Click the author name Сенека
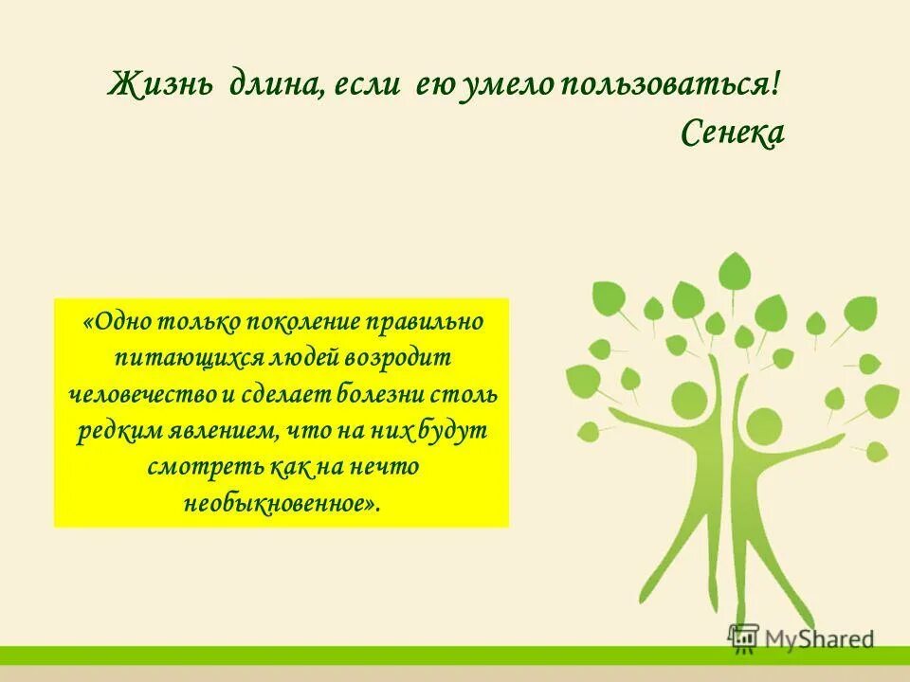coord(732,134)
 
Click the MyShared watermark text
coord(821,638)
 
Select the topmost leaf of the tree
coord(733,272)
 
